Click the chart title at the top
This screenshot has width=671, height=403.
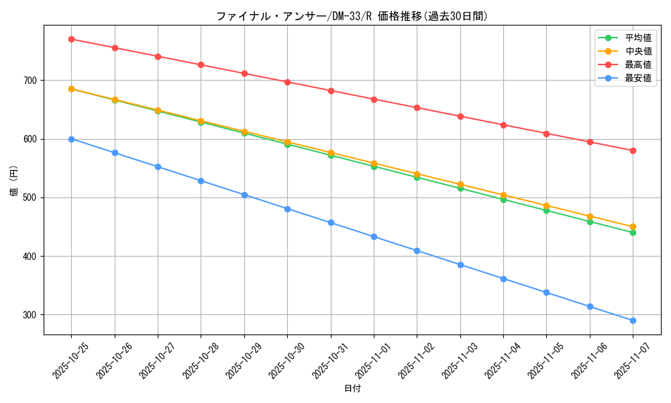point(352,16)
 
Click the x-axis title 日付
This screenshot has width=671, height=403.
point(352,389)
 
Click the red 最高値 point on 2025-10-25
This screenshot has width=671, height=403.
point(71,39)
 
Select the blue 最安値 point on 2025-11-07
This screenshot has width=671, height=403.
point(633,320)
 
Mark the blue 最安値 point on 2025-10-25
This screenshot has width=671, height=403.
point(71,139)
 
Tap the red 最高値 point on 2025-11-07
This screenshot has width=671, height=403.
point(633,150)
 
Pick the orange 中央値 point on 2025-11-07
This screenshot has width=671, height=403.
point(633,227)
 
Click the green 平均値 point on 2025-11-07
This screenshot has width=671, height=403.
point(633,232)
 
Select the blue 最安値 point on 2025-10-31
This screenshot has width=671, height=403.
point(331,222)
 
